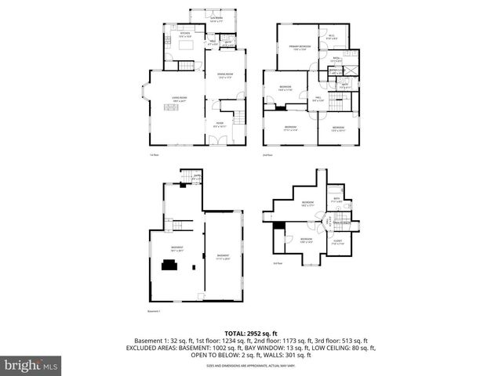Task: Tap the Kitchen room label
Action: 185,34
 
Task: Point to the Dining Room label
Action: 227,75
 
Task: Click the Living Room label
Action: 178,99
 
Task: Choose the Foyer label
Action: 220,124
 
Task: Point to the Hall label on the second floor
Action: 318,99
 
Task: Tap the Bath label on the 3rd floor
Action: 336,200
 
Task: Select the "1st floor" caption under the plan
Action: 155,155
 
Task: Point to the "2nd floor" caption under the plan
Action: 267,155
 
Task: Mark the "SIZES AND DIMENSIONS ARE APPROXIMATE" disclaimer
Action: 250,366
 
